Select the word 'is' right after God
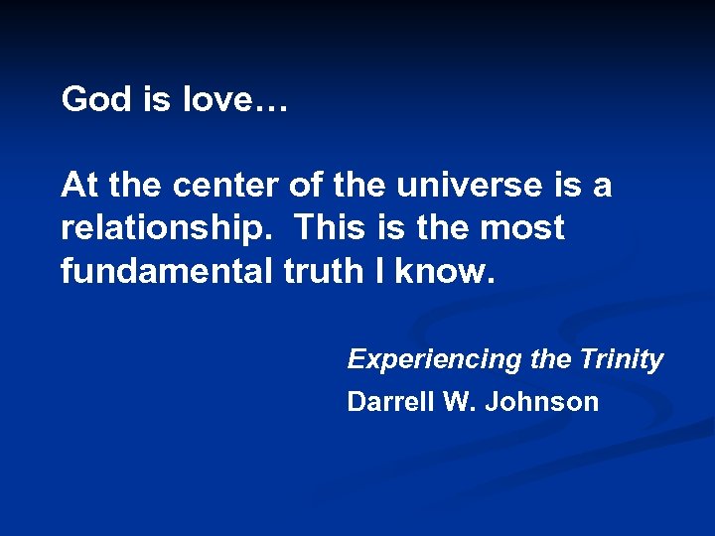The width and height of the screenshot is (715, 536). [x=156, y=100]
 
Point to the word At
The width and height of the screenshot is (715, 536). [x=78, y=185]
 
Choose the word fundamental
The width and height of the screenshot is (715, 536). [x=166, y=271]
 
